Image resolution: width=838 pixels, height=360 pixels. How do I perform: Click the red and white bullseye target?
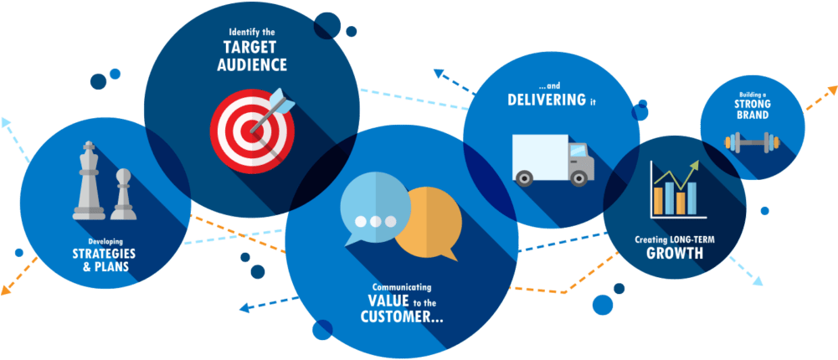(x=252, y=131)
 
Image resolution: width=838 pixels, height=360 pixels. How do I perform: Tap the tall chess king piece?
(x=89, y=181)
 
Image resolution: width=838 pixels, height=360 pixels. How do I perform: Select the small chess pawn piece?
(x=123, y=194)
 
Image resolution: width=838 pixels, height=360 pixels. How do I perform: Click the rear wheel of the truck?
(x=526, y=177)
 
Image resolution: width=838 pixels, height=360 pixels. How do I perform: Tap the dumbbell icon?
(x=752, y=142)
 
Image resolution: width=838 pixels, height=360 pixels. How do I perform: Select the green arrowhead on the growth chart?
(x=694, y=165)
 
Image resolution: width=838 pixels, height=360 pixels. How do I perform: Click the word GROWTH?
(x=675, y=252)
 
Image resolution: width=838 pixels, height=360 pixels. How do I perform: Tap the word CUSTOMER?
(x=397, y=316)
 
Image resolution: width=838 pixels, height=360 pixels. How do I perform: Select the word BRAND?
(x=752, y=116)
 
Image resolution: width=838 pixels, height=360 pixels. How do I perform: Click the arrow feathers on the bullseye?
(x=281, y=101)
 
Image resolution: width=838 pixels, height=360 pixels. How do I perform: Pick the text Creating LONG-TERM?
(x=675, y=239)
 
